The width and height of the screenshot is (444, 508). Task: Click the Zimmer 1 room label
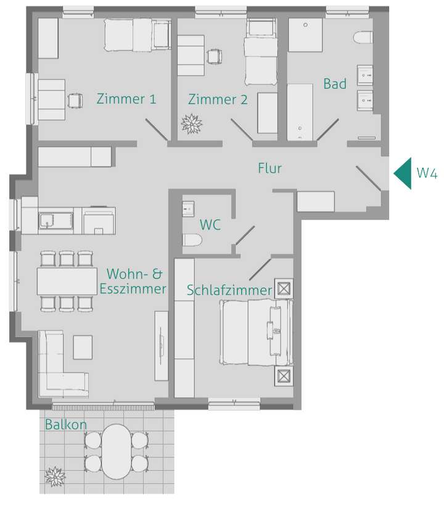(126, 99)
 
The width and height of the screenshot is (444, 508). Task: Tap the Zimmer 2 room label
(218, 99)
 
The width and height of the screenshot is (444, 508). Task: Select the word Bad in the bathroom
(335, 84)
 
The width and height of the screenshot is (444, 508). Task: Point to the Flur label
(269, 168)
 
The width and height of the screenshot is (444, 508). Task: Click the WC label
(210, 224)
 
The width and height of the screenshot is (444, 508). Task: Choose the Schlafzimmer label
(229, 290)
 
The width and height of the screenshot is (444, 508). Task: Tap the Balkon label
(65, 425)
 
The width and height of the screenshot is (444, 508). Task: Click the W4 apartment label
(427, 173)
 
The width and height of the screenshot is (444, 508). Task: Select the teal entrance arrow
(403, 173)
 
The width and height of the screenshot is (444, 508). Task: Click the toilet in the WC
(191, 240)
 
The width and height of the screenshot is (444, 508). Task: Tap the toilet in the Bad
(363, 38)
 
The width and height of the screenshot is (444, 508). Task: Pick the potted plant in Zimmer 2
(191, 124)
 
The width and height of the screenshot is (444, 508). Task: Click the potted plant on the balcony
(55, 475)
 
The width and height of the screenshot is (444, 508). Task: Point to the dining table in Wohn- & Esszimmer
(67, 281)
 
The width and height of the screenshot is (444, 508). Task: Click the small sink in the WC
(188, 208)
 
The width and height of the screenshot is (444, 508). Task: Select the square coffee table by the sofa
(83, 347)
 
